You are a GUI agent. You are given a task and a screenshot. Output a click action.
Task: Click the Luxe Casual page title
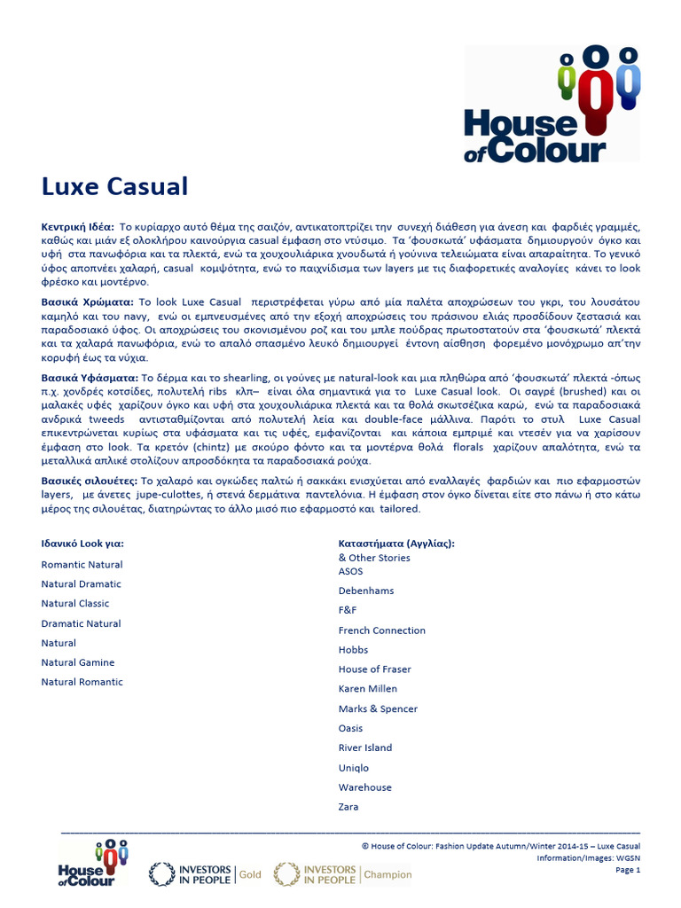click(115, 187)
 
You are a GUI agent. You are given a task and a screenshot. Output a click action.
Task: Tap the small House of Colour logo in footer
click(93, 863)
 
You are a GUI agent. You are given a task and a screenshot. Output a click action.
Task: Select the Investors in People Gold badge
click(206, 873)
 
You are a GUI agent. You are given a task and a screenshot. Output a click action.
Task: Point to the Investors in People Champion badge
click(343, 873)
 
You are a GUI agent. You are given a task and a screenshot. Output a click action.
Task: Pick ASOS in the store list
click(351, 571)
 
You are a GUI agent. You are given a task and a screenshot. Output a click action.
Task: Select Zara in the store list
click(349, 807)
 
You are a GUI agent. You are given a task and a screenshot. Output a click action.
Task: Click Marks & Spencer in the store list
click(378, 708)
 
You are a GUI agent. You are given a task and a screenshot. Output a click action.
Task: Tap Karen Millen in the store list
click(368, 689)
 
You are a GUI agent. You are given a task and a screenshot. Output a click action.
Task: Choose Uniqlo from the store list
click(354, 768)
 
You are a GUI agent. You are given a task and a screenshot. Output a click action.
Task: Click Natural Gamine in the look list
click(78, 662)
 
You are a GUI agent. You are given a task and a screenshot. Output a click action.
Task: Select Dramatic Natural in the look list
click(81, 623)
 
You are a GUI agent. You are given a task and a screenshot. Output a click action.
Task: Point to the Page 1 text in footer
click(627, 870)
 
